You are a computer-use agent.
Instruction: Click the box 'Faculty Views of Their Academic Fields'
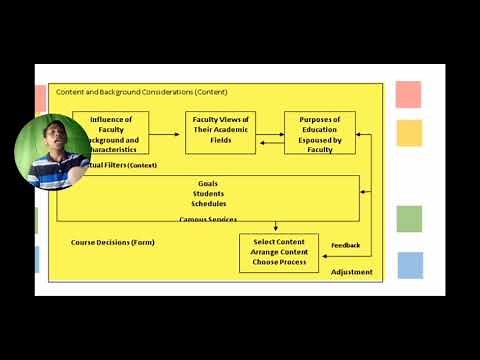click(221, 132)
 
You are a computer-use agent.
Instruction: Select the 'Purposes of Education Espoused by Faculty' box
click(320, 132)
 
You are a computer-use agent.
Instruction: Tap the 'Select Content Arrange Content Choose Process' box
click(279, 253)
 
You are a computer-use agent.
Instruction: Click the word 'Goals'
click(208, 185)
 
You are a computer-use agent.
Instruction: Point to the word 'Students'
click(208, 194)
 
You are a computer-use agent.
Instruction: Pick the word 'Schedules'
click(208, 204)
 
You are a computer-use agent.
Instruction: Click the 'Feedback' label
click(345, 245)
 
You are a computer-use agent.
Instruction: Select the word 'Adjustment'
click(351, 272)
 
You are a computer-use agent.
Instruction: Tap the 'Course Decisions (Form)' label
click(113, 242)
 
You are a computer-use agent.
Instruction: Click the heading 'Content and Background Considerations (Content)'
click(141, 91)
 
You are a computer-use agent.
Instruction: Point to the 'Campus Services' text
click(208, 219)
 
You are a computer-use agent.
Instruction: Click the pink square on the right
click(409, 95)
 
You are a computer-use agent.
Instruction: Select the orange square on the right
click(409, 133)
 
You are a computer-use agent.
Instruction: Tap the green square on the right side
click(409, 219)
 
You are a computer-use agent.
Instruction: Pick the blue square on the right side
click(409, 265)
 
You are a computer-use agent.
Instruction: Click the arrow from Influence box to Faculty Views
click(167, 132)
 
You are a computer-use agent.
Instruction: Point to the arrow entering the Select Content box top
click(276, 228)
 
